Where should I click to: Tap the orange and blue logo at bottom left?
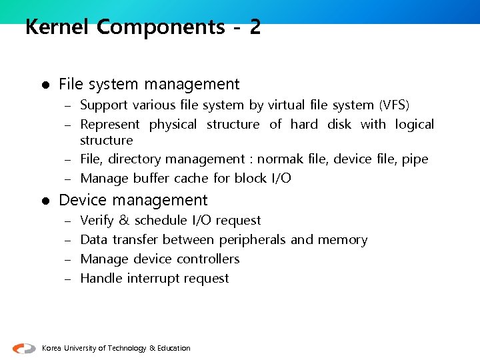pyautogui.click(x=25, y=348)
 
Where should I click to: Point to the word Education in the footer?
pyautogui.click(x=174, y=349)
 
